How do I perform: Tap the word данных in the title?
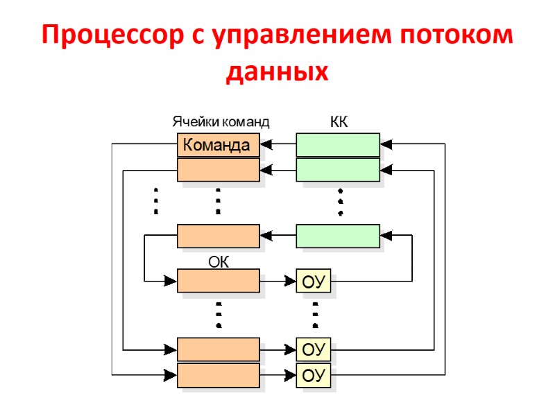pos(277,71)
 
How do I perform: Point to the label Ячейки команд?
pos(220,122)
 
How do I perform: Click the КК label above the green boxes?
pos(338,122)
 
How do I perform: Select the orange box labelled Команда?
pos(218,146)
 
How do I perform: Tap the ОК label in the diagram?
pos(219,262)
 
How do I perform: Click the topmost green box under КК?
pos(338,145)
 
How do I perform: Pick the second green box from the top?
pos(338,169)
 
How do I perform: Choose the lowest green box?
pos(338,236)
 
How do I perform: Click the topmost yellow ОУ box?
pos(314,281)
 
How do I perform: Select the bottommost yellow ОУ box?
pos(314,376)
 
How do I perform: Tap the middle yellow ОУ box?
pos(314,349)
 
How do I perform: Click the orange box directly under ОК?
pos(218,281)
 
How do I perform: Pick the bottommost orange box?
pos(218,375)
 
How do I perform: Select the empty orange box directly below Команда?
pos(218,169)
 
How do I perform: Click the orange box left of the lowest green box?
pos(218,236)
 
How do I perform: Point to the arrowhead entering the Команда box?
pos(266,145)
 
